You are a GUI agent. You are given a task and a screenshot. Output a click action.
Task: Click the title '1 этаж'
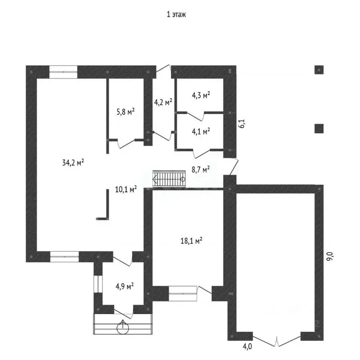point(176,15)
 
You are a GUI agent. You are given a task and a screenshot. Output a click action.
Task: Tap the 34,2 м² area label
point(73,163)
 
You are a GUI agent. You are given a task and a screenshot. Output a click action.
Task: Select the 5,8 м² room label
point(126,112)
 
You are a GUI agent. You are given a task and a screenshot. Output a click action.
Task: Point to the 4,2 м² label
point(163,102)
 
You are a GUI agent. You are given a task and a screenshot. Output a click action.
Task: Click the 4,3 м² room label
point(201,95)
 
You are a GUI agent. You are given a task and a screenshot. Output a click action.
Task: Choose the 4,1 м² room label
point(201,131)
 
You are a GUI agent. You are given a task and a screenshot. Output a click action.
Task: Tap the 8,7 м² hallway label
point(201,169)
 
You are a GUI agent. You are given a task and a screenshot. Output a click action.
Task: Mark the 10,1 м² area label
point(126,189)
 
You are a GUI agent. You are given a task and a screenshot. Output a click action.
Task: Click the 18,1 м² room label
point(191,241)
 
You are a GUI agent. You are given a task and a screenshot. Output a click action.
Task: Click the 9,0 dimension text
point(330,256)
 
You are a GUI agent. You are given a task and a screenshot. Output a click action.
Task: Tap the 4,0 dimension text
point(247,346)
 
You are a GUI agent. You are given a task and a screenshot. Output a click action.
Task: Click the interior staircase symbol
point(169,179)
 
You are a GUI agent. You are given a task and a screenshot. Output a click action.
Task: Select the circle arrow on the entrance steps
point(123,327)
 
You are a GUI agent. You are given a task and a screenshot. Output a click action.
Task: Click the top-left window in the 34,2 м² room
point(63,72)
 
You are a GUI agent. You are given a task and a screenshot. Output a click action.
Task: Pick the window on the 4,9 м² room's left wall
point(98,284)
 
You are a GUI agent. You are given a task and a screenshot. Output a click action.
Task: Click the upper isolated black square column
point(319,70)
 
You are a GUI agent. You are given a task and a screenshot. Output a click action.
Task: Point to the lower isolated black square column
point(319,128)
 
